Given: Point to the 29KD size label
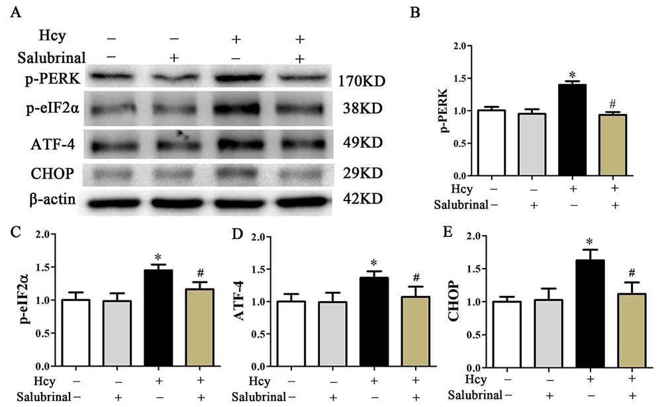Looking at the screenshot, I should click(361, 173).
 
